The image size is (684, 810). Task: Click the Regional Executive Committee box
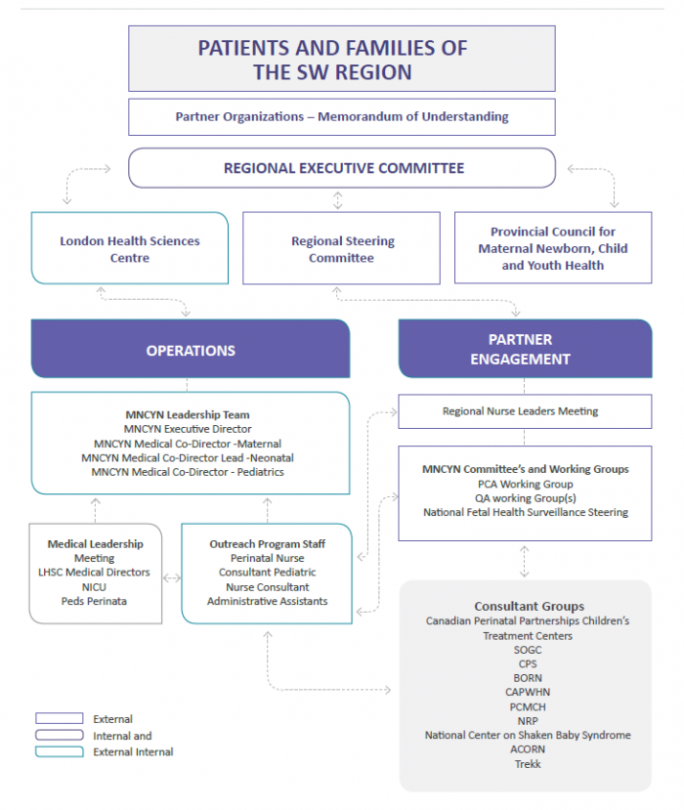point(342,168)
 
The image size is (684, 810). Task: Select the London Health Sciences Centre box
point(130,249)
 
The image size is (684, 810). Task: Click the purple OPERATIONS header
point(191,350)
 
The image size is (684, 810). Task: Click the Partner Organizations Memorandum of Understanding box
point(342,117)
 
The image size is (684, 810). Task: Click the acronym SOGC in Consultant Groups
point(527,650)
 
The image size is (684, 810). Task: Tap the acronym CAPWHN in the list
point(527,692)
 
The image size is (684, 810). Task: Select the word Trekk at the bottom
point(527,763)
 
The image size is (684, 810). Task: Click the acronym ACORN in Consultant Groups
point(527,749)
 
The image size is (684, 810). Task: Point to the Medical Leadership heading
point(96,544)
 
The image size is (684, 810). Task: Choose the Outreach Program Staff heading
point(267,544)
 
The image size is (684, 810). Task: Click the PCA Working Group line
point(525,484)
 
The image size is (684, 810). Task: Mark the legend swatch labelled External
point(60,719)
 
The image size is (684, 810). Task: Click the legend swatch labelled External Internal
point(60,751)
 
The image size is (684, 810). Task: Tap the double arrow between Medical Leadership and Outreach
point(172,577)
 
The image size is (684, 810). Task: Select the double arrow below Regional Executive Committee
point(338,200)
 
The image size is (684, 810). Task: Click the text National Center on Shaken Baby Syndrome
point(528,735)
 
